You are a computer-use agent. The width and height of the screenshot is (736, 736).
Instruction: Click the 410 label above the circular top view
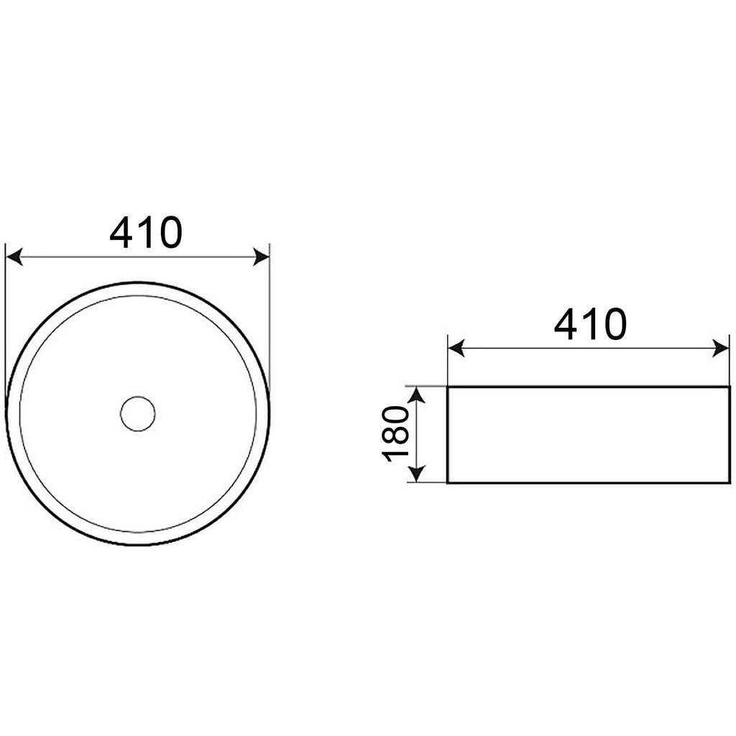tap(146, 232)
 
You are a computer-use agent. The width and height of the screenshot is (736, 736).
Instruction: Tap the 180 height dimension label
tap(396, 433)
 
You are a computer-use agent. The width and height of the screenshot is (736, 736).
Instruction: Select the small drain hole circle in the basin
tap(137, 413)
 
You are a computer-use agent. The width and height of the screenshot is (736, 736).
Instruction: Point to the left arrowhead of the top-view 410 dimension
tap(14, 257)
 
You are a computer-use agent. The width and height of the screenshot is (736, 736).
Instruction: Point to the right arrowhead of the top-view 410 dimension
tap(260, 257)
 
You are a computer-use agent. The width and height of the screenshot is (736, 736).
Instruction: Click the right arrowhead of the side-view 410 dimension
tap(721, 349)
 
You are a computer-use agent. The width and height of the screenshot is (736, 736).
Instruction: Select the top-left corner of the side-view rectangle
tap(448, 387)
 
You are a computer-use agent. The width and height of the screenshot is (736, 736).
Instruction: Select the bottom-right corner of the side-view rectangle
tap(730, 482)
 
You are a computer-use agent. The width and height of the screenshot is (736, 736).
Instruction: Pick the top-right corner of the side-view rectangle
tap(730, 387)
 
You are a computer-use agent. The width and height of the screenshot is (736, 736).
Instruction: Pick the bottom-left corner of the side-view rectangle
tap(448, 482)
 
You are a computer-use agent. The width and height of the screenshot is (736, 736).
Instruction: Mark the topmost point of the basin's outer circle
tap(137, 282)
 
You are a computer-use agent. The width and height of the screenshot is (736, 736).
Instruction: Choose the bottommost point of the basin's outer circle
tap(137, 545)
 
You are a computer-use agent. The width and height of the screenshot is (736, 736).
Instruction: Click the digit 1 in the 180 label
tap(396, 454)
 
